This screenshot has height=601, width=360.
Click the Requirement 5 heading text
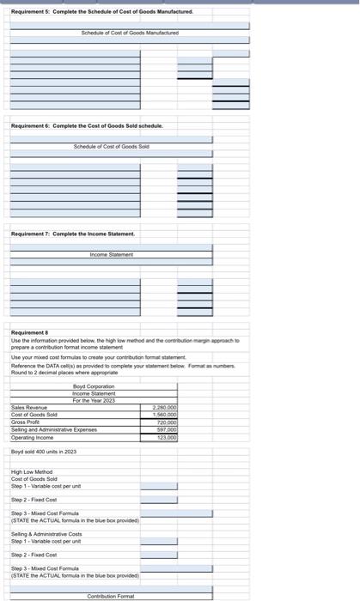click(x=101, y=12)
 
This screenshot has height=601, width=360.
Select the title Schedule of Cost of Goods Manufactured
click(x=130, y=33)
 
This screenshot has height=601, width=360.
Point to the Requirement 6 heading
click(x=86, y=126)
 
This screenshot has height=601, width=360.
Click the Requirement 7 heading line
click(x=72, y=234)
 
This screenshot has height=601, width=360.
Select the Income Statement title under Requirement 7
click(x=112, y=254)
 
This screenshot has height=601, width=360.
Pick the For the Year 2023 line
click(x=94, y=400)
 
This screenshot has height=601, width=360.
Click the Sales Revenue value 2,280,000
click(x=163, y=408)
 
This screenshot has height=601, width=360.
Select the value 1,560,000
click(x=163, y=415)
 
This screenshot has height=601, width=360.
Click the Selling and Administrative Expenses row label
click(x=53, y=429)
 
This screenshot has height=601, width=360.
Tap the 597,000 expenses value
click(x=165, y=429)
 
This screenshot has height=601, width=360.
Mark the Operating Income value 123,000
click(x=165, y=437)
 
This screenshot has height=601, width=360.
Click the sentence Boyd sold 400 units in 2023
click(x=44, y=452)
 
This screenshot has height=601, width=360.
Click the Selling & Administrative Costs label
click(x=46, y=533)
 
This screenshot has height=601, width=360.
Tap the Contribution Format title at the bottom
click(x=111, y=596)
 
